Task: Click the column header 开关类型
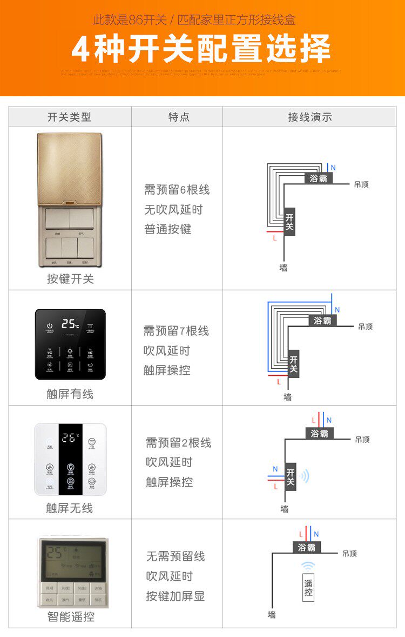click(x=70, y=117)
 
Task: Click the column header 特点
click(x=179, y=117)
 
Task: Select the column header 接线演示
click(x=309, y=117)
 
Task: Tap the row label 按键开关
click(x=70, y=278)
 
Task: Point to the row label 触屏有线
click(x=70, y=394)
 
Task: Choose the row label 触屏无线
click(x=70, y=508)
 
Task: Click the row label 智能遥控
click(x=71, y=616)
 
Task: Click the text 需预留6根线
click(x=177, y=190)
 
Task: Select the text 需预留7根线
click(x=176, y=331)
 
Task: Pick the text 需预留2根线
click(x=178, y=443)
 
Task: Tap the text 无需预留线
click(x=175, y=556)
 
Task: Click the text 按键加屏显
click(x=175, y=596)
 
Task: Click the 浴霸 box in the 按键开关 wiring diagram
click(x=319, y=178)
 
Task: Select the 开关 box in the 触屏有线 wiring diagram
click(x=293, y=364)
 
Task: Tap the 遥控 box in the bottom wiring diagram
click(x=308, y=587)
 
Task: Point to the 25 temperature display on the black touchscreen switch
click(x=70, y=323)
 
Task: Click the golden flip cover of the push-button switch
click(x=70, y=169)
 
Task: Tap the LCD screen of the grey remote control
click(x=73, y=559)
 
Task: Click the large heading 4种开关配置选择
click(x=201, y=50)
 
